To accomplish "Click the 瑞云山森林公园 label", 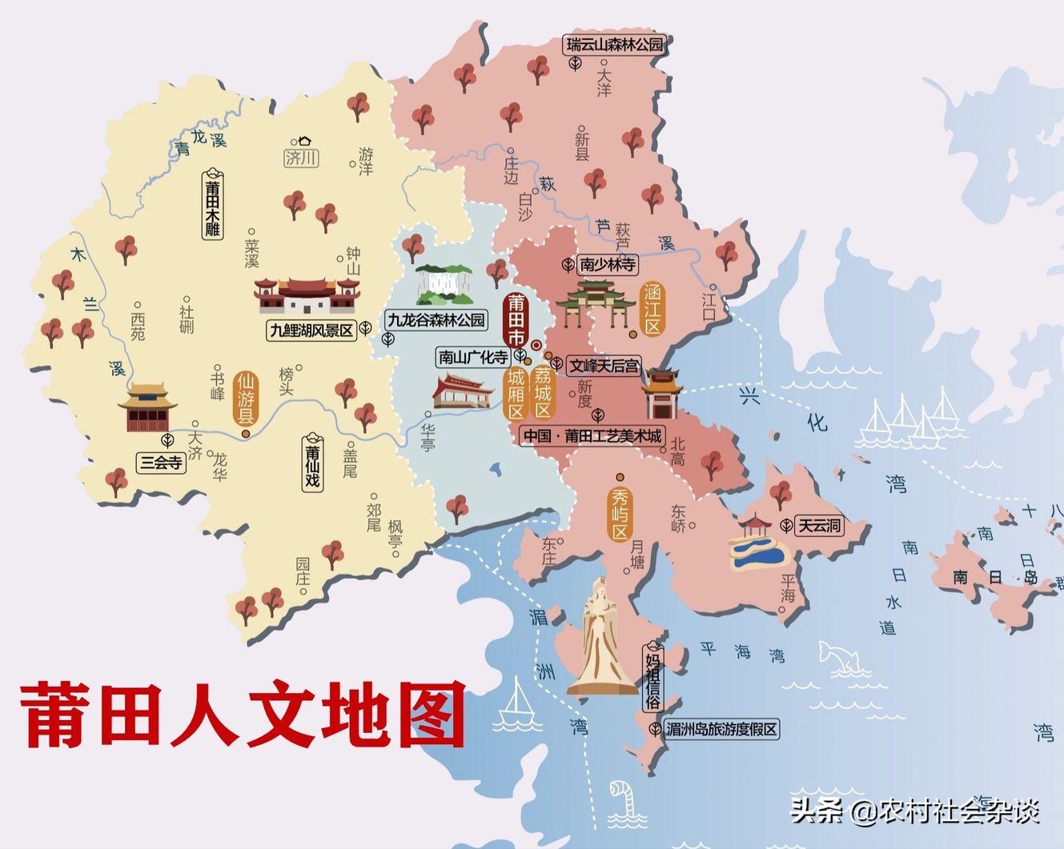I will [615, 45].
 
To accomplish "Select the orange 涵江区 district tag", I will [652, 309].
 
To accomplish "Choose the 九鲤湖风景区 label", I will [311, 330].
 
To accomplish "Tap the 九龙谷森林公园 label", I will [436, 320].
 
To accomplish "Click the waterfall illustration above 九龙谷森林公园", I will [446, 285].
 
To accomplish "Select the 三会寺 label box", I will [161, 462].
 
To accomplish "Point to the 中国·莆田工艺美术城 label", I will [592, 436].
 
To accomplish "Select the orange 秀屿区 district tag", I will [620, 512].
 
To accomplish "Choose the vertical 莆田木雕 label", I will [212, 205].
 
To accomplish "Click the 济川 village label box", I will [301, 158].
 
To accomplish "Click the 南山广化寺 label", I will [472, 357].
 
